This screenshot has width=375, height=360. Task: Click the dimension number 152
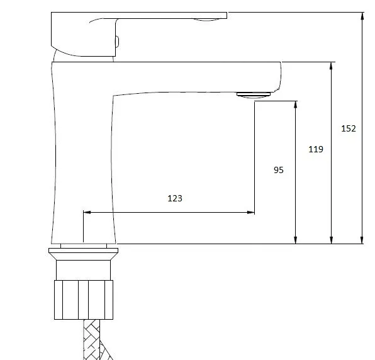(349, 128)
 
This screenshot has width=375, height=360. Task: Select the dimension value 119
(316, 149)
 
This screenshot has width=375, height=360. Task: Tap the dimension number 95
(279, 170)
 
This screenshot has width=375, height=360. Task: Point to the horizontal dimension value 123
(175, 198)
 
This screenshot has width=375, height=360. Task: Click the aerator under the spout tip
(254, 95)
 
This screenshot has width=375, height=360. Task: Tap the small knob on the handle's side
(117, 42)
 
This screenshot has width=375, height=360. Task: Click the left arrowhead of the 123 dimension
(87, 212)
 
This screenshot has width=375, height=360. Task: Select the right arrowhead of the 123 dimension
(250, 212)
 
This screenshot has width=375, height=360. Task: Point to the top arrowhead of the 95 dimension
(296, 104)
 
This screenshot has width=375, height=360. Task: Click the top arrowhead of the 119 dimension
(331, 66)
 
